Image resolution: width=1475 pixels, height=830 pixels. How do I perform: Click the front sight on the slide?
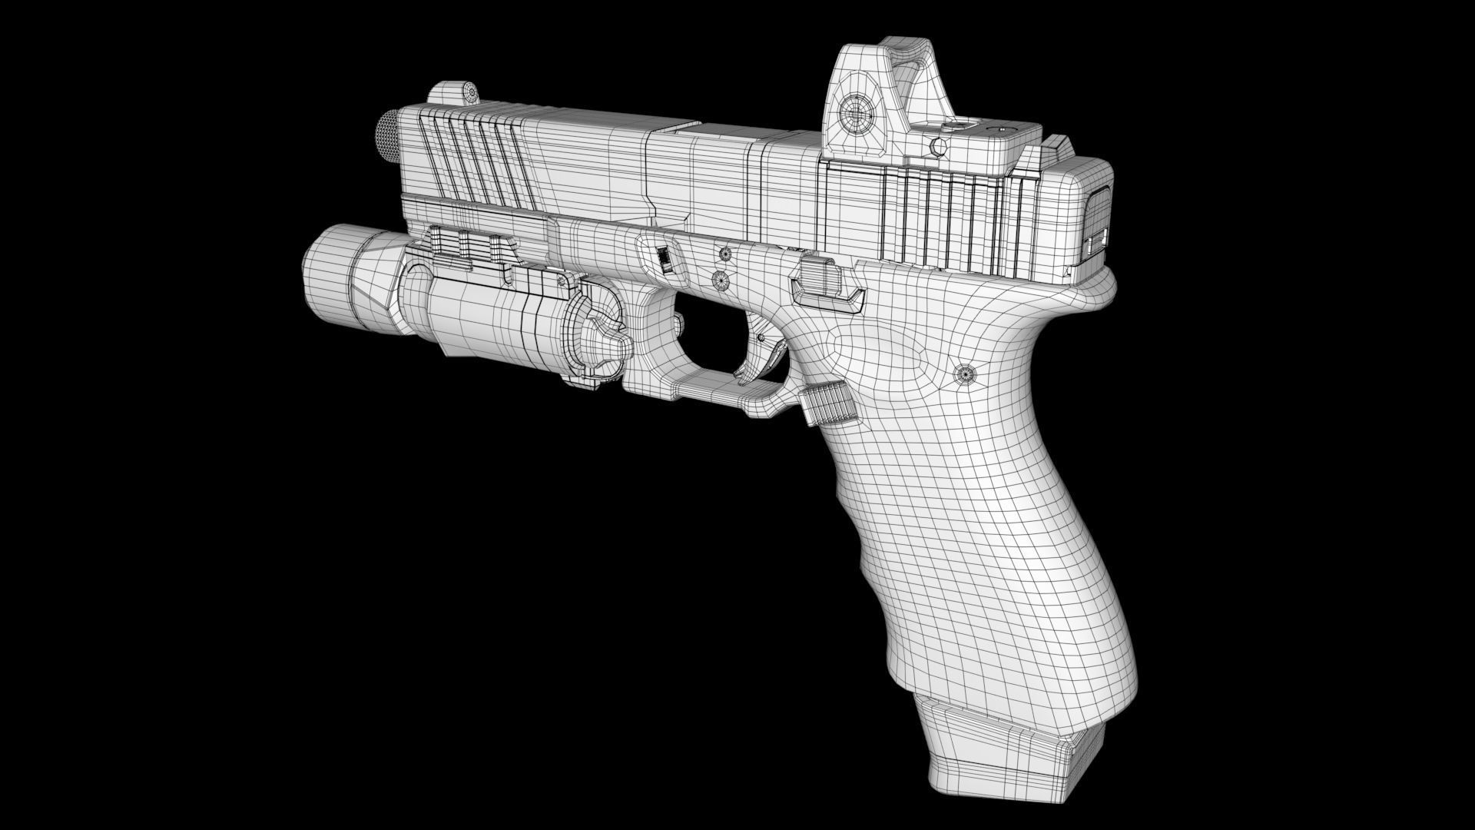452,93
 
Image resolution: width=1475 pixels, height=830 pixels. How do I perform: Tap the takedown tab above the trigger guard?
665,258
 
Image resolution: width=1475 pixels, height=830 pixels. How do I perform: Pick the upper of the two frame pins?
724,253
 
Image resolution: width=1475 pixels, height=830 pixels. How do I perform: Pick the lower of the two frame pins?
721,280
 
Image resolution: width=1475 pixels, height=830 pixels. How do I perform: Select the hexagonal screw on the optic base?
936,146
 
